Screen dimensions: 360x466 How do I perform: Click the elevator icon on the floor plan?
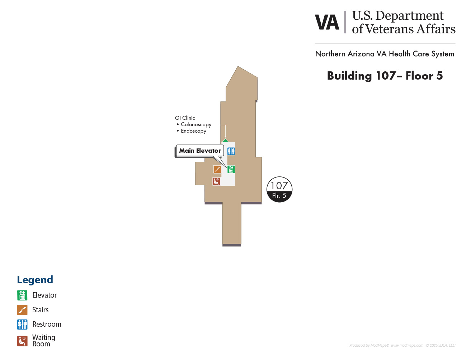click(231, 169)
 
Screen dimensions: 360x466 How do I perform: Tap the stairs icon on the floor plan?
click(217, 169)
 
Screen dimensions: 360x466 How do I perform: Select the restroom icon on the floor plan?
click(231, 151)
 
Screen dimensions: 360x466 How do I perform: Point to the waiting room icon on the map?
click(216, 181)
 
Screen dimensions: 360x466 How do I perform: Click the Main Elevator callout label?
click(200, 151)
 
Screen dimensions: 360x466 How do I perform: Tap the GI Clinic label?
click(185, 118)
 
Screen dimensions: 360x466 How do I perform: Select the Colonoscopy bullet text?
click(196, 124)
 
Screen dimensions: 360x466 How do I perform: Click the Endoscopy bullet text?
click(193, 131)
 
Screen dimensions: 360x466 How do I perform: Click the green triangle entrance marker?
click(225, 140)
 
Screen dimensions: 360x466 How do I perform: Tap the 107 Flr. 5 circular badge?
click(279, 189)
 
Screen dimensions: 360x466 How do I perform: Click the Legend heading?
click(35, 280)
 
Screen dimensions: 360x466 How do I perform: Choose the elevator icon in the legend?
click(22, 295)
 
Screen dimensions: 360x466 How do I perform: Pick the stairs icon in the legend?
click(22, 310)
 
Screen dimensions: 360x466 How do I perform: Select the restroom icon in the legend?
click(22, 325)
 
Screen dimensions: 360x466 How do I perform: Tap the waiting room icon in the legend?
click(22, 341)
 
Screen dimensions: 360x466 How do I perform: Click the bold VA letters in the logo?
click(327, 23)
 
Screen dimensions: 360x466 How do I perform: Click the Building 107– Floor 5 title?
click(385, 76)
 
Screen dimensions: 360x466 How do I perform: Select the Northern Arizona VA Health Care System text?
click(385, 54)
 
